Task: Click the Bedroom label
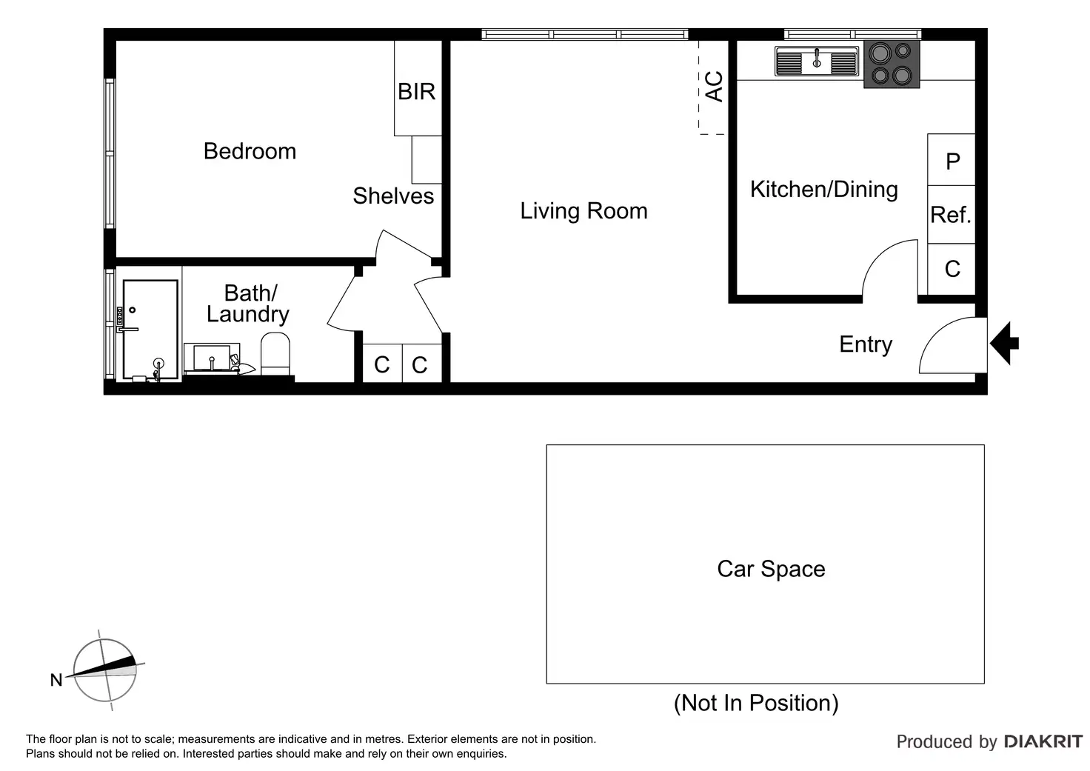tap(250, 151)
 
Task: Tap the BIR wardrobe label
tap(417, 92)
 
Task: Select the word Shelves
tap(393, 196)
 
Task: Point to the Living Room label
tap(584, 211)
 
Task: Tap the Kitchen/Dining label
tap(824, 190)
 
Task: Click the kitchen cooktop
tap(892, 64)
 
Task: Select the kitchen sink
tap(817, 61)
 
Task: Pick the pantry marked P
tap(952, 160)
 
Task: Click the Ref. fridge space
tap(952, 215)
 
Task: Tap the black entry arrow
tap(1004, 343)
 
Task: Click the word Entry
tap(866, 345)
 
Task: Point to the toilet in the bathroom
tap(275, 354)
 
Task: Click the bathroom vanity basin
tap(213, 358)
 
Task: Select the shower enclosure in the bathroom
tap(150, 329)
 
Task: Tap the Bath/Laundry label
tap(248, 304)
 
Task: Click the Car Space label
tap(772, 569)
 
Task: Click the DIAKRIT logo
tap(1043, 742)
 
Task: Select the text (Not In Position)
tap(756, 704)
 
